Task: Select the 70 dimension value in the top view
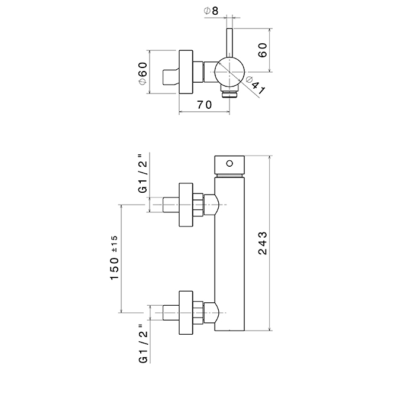point(204,105)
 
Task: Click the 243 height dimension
point(264,243)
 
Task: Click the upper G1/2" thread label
point(142,174)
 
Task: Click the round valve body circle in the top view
point(228,72)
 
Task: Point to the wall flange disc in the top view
point(187,72)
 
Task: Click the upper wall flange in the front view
point(186,204)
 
